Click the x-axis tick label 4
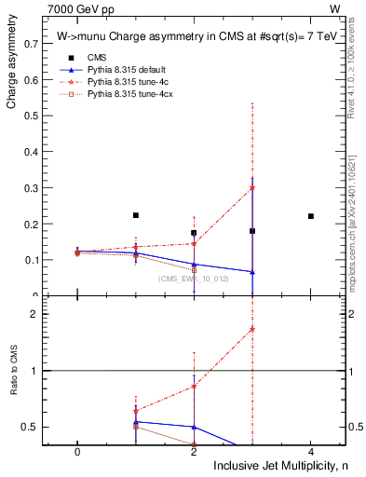pos(310,451)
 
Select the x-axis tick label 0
pos(77,451)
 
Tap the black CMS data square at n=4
pos(310,216)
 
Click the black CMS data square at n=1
pos(136,215)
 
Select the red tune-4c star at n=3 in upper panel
pos(252,188)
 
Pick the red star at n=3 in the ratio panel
pos(252,329)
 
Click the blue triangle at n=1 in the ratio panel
pos(136,422)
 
